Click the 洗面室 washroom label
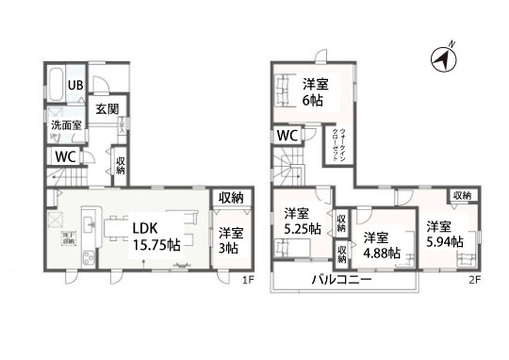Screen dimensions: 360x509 click(66, 125)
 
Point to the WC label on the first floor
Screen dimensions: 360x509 click(66, 157)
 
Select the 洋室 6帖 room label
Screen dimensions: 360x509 click(315, 90)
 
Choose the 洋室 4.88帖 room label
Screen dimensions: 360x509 click(382, 245)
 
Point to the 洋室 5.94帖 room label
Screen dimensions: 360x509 click(440, 234)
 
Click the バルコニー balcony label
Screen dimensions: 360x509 click(342, 280)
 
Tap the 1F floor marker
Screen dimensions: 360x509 click(247, 281)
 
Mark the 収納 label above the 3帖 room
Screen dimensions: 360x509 click(232, 198)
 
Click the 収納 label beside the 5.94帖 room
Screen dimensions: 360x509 click(461, 195)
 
